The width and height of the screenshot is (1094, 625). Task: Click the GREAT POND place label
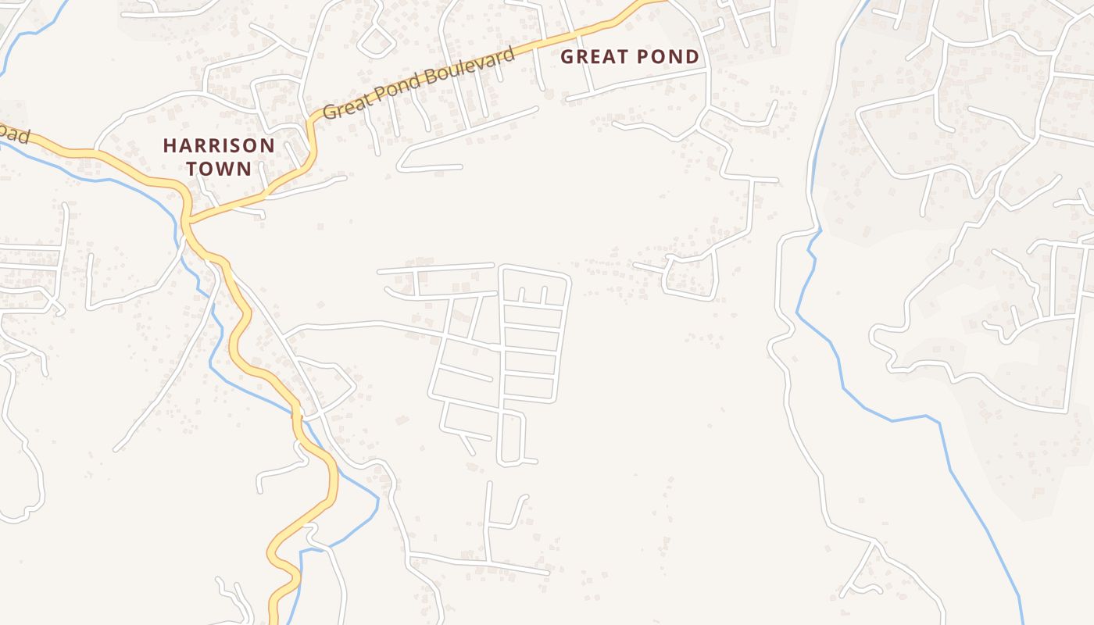click(x=630, y=56)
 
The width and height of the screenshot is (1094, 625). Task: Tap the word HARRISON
click(x=219, y=145)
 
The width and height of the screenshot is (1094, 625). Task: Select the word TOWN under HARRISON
click(x=219, y=169)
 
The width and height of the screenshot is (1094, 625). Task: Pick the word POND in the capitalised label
click(x=667, y=56)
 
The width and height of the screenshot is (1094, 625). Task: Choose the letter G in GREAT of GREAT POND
click(x=567, y=56)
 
